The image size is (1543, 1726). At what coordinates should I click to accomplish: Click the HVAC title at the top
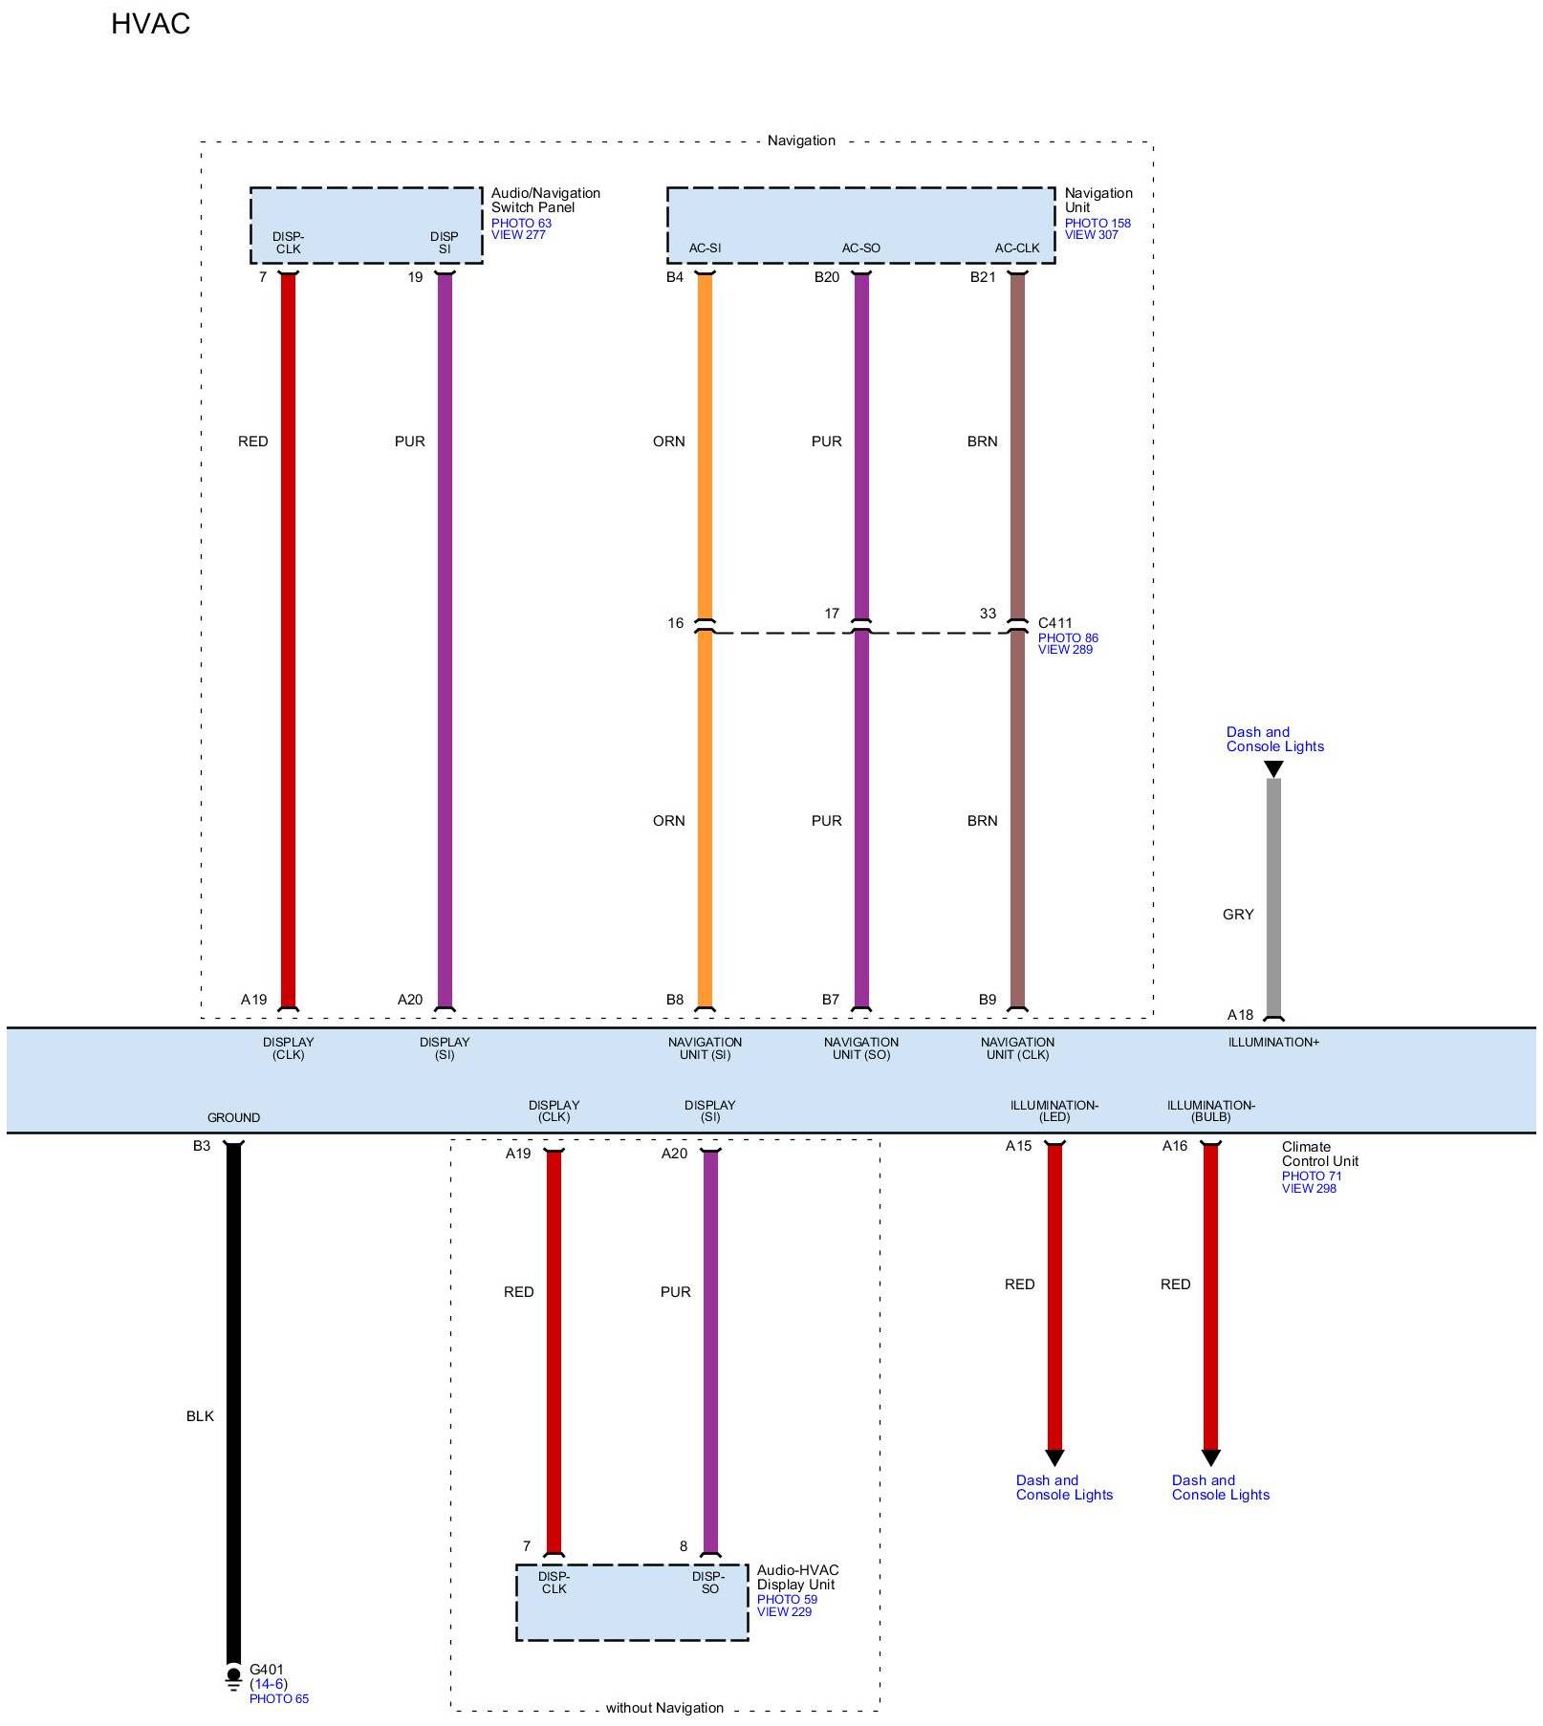[x=150, y=24]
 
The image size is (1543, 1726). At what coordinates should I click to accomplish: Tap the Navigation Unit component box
[x=860, y=225]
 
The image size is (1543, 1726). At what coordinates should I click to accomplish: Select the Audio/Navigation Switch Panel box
[x=365, y=225]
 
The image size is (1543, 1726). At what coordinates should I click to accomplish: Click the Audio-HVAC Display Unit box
[x=631, y=1603]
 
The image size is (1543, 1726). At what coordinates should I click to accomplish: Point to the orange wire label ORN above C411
[x=669, y=442]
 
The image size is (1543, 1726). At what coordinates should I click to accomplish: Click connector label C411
[x=1055, y=623]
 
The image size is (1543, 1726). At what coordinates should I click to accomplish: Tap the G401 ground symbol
[x=233, y=1677]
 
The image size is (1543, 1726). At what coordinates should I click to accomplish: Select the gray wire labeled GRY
[x=1273, y=898]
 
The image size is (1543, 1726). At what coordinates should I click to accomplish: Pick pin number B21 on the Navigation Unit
[x=983, y=278]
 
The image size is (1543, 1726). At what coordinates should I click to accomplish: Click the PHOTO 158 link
[x=1097, y=224]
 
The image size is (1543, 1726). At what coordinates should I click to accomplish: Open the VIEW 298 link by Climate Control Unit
[x=1309, y=1189]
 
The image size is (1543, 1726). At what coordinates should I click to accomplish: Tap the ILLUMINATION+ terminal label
[x=1273, y=1043]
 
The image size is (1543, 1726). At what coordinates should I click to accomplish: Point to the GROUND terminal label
[x=233, y=1118]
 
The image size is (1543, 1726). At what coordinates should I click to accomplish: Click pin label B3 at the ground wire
[x=202, y=1146]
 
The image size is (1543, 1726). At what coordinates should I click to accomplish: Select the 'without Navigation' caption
[x=664, y=1708]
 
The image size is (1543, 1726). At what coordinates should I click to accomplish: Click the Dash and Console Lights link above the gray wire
[x=1274, y=740]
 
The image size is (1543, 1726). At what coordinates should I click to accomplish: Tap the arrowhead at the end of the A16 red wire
[x=1210, y=1458]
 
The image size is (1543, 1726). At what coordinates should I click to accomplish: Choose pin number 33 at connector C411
[x=988, y=614]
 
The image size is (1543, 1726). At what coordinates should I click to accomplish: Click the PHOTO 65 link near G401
[x=279, y=1699]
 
